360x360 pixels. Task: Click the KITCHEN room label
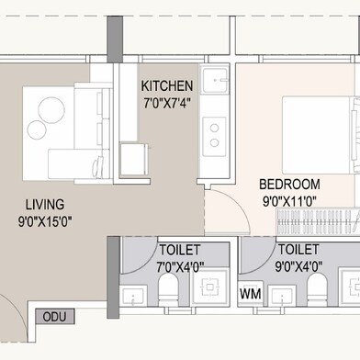(167, 86)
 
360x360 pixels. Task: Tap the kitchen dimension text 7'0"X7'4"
(167, 104)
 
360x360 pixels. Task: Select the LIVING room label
(45, 205)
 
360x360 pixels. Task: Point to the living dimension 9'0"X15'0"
(45, 221)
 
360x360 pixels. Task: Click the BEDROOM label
(289, 185)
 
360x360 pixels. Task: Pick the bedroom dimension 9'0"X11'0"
(289, 202)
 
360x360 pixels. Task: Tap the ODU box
(55, 317)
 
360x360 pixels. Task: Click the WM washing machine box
(251, 294)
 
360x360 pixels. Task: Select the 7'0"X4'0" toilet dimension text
(180, 267)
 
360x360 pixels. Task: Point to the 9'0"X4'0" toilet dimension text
(298, 266)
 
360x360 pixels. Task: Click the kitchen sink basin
(215, 80)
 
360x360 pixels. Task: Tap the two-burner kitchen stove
(214, 136)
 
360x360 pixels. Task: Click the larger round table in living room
(51, 110)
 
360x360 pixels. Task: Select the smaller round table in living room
(37, 129)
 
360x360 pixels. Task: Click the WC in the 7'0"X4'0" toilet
(169, 289)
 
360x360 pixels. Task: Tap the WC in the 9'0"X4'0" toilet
(317, 289)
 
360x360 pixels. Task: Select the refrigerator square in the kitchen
(134, 159)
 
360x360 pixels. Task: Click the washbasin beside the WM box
(282, 296)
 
